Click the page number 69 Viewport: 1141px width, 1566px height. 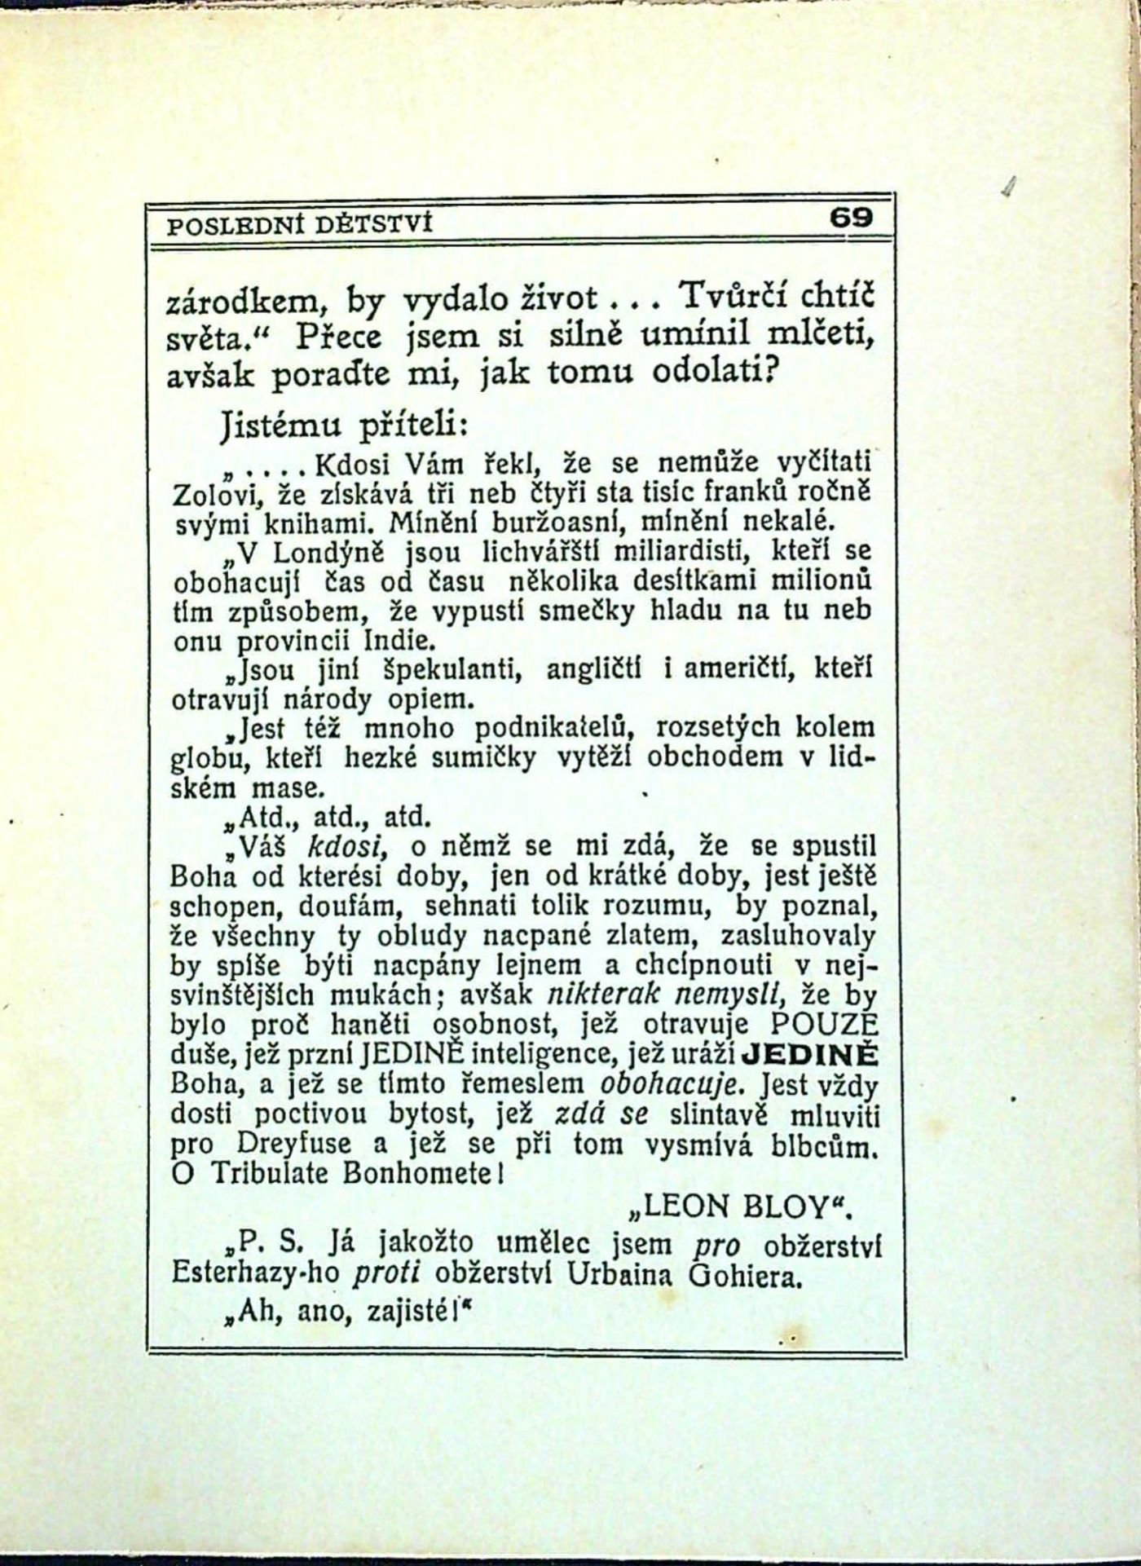coord(851,218)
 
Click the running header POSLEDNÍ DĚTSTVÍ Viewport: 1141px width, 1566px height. coord(299,223)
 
